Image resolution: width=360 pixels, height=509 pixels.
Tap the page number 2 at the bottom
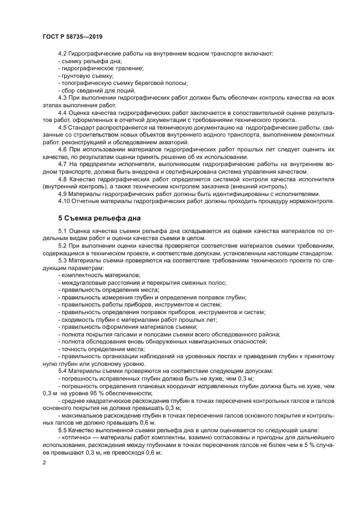(44, 461)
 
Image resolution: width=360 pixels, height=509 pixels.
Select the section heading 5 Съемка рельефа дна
(99, 218)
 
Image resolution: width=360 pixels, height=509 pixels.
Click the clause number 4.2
(63, 54)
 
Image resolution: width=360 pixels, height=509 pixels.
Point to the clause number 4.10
(64, 201)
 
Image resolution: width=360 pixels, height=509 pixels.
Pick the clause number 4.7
(63, 164)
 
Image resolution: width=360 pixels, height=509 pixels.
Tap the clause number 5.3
(63, 261)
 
